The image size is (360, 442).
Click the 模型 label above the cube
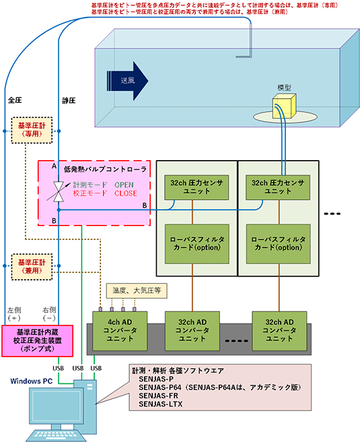pos(285,87)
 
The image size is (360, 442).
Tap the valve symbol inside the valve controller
pos(59,190)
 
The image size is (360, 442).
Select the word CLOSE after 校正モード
pos(125,193)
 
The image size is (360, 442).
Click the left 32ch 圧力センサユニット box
pos(194,186)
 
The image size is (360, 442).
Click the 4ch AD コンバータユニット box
pos(117,329)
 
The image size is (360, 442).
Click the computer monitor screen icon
pos(48,411)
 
